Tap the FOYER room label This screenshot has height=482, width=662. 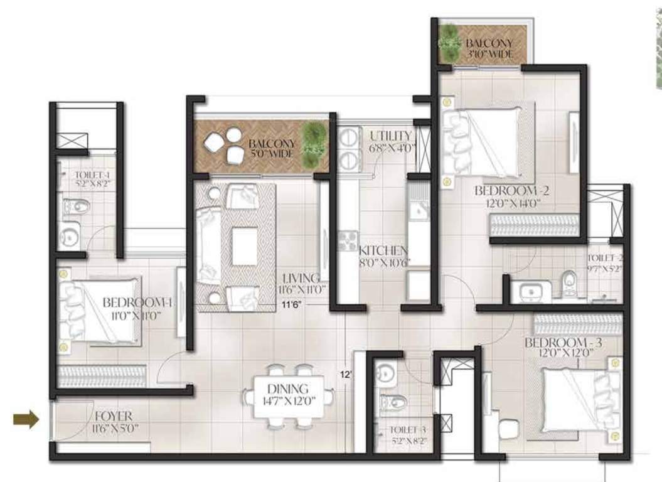[114, 417]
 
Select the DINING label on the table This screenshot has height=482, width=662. [288, 388]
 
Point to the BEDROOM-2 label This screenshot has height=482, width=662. [512, 190]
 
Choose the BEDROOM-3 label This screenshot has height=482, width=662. [563, 343]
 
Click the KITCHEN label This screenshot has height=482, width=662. [383, 251]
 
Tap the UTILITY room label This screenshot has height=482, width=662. [390, 136]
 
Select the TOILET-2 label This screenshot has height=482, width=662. [605, 258]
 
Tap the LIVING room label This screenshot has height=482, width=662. [301, 277]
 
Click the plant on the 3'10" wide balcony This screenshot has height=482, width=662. [449, 43]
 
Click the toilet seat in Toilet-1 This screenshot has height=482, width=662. [70, 206]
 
